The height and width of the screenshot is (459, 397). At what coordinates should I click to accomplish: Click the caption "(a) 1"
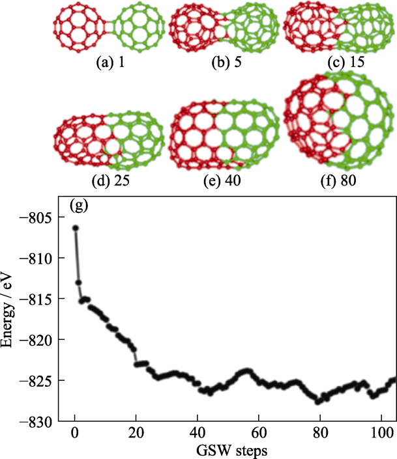(110, 64)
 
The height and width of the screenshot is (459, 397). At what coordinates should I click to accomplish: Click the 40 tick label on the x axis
(198, 434)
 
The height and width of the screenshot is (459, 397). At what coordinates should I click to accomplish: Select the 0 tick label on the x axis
(75, 434)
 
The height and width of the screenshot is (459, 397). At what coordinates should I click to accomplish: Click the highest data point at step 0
(76, 228)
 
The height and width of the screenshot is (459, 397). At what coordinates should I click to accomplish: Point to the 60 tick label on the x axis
(259, 434)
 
